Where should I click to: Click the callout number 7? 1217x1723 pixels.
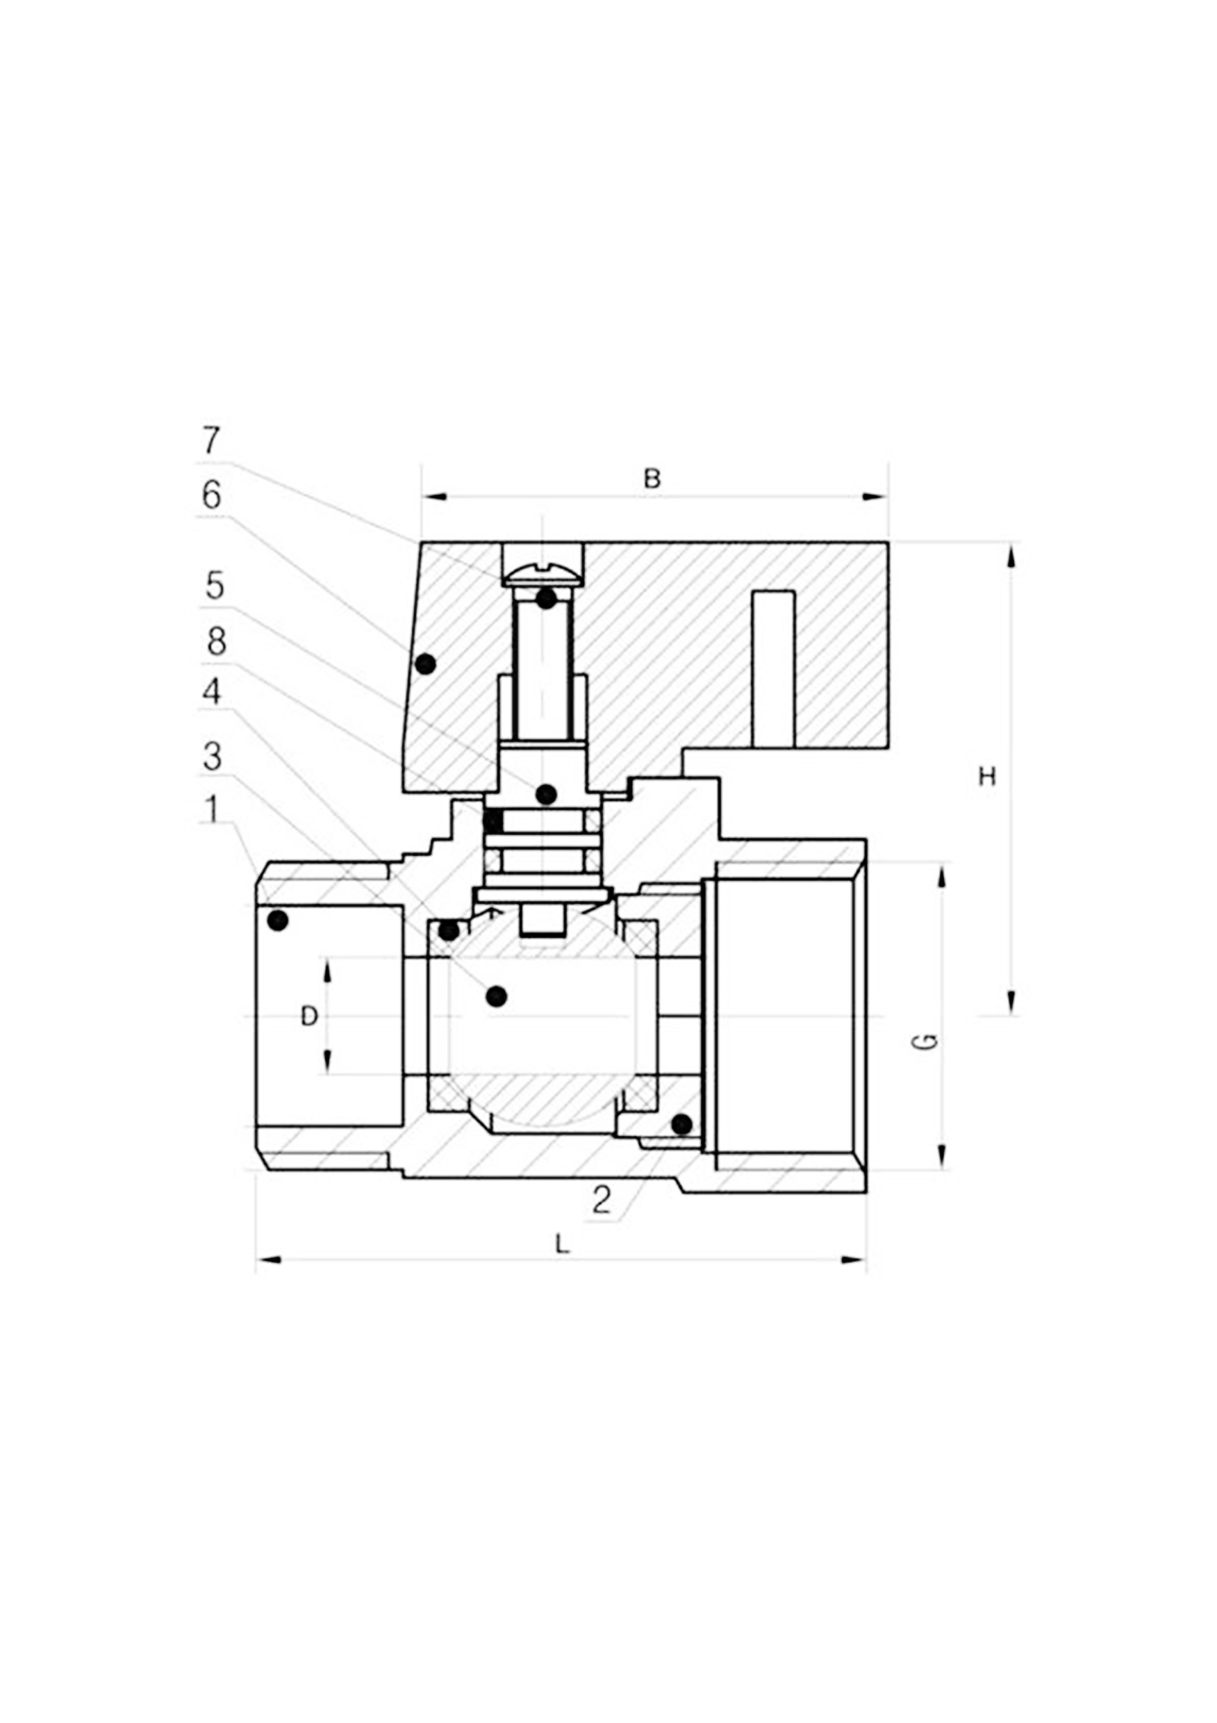point(212,440)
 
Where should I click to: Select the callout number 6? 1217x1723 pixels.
point(213,495)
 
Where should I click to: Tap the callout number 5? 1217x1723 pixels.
point(215,586)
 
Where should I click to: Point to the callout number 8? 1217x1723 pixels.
point(216,642)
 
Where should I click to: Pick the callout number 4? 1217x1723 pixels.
point(213,691)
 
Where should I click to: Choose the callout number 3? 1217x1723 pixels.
point(213,757)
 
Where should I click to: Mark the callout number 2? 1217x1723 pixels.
point(601,1200)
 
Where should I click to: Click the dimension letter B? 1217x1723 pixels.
point(652,479)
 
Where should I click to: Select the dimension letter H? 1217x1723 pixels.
point(987,777)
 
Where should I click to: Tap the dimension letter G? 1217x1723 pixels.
point(928,1041)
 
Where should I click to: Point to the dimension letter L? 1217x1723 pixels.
point(562,1245)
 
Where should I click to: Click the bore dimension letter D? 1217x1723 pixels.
point(308,1017)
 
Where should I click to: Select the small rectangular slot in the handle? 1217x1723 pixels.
point(774,668)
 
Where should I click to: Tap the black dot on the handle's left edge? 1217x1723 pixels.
point(425,663)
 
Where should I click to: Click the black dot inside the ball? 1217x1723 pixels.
point(496,996)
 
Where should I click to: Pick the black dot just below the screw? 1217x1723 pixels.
point(546,599)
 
